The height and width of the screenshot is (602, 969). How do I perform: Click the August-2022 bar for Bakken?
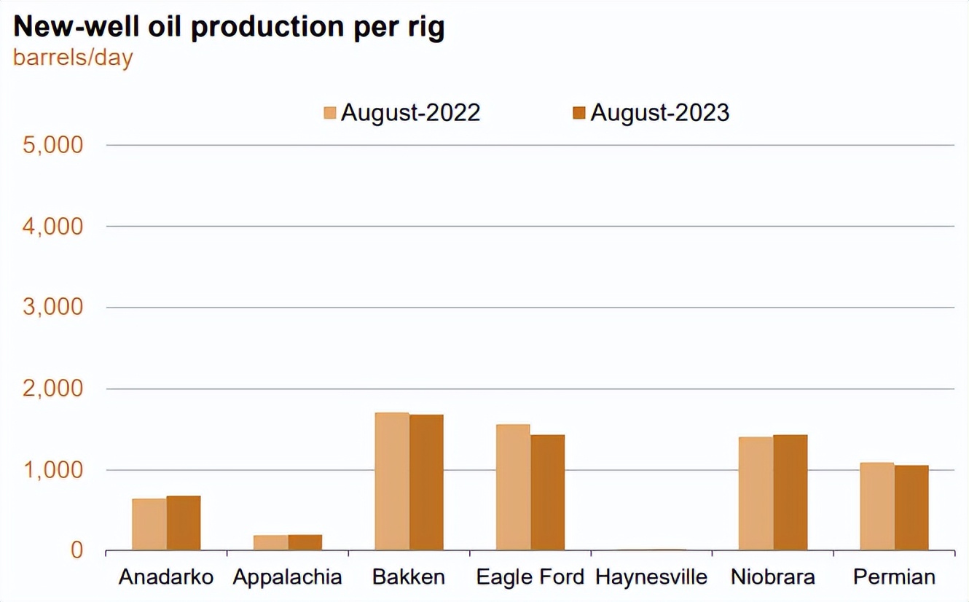click(392, 481)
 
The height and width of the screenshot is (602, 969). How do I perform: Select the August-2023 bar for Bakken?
click(426, 482)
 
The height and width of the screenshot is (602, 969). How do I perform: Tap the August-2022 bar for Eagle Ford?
click(513, 487)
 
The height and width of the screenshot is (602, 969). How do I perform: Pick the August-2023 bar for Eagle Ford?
click(547, 492)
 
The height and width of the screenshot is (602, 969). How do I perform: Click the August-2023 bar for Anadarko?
click(184, 523)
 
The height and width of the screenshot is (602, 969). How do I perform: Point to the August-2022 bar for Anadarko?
click(149, 524)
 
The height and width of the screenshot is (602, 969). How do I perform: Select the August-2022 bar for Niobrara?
click(756, 493)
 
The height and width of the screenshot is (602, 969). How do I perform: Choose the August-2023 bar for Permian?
click(911, 507)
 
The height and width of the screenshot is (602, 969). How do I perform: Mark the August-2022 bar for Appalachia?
click(270, 542)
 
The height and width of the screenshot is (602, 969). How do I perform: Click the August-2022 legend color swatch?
click(330, 113)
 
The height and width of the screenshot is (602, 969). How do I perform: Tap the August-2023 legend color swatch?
click(579, 113)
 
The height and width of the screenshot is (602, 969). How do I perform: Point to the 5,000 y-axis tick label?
click(53, 144)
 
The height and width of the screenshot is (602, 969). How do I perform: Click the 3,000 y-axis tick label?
click(53, 307)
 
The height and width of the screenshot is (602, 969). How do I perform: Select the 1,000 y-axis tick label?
click(53, 469)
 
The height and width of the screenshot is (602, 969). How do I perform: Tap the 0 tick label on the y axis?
click(77, 550)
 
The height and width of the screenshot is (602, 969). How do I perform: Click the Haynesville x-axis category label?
click(651, 577)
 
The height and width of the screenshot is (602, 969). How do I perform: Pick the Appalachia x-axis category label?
click(287, 577)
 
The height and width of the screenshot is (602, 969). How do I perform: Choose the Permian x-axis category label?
click(894, 577)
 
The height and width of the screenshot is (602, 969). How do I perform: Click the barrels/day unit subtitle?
click(73, 58)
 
